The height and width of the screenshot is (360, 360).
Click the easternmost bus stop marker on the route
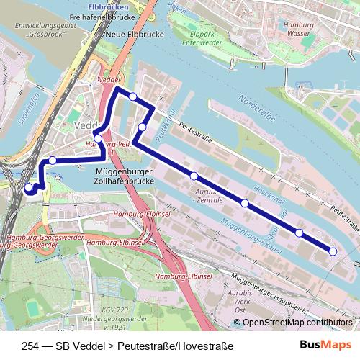coord(333,251)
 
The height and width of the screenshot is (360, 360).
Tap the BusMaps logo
coord(326,345)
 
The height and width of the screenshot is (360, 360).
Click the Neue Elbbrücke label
coord(127,35)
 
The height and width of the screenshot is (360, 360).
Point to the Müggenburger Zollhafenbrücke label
coord(132,177)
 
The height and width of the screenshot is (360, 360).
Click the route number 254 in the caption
coord(31,345)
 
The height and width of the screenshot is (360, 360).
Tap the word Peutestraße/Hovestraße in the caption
coord(180,345)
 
